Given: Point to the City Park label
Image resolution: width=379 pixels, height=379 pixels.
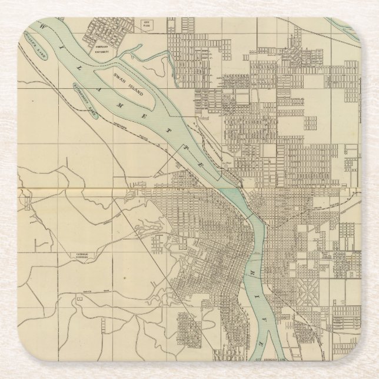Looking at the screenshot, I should pos(147,24).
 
